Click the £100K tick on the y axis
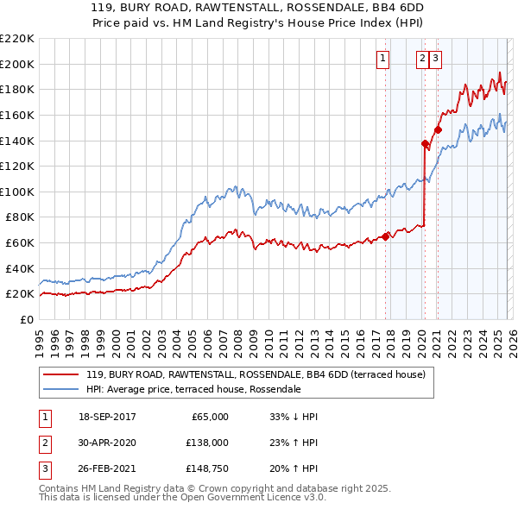[x=17, y=192]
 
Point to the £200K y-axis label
[x=17, y=64]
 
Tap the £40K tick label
[x=20, y=268]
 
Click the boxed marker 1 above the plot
[x=382, y=59]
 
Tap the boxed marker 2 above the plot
[x=422, y=59]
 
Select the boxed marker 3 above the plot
[x=435, y=59]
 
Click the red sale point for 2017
[x=385, y=236]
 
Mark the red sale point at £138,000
[x=425, y=143]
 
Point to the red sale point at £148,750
[x=438, y=129]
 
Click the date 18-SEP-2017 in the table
[x=107, y=417]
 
